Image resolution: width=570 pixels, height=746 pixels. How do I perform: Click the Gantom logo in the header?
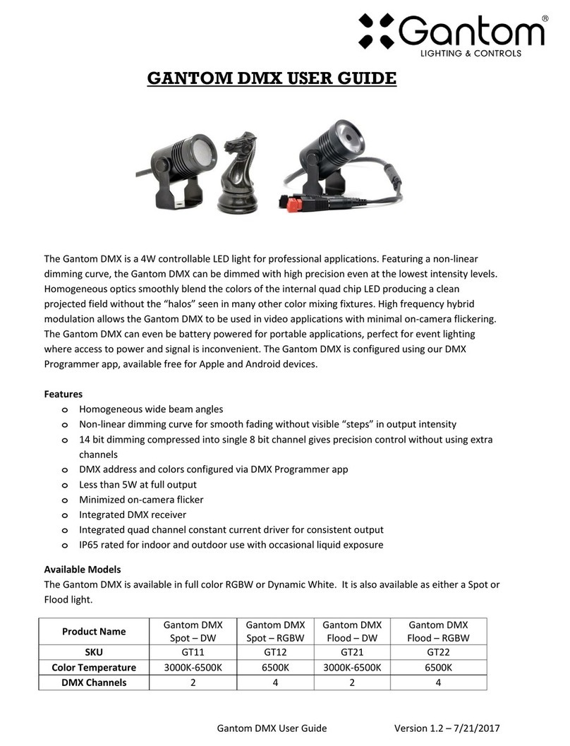coord(451,34)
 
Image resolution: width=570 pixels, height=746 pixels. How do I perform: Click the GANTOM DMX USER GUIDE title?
coord(272,78)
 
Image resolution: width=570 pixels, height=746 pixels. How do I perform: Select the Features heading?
coord(63,394)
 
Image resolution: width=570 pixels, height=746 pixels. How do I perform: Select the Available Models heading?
coord(83,569)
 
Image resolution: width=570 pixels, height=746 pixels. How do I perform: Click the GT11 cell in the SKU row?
coord(193,653)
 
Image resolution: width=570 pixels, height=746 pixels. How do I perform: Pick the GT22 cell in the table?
coord(437,653)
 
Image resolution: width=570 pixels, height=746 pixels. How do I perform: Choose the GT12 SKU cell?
coord(275,653)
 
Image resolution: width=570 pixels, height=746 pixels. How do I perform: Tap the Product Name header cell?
coord(94,631)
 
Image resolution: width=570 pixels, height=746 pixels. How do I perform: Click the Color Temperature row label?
coord(94,668)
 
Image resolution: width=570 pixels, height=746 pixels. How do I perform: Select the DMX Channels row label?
coord(94,682)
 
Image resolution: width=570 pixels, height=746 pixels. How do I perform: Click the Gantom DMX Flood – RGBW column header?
coord(437,631)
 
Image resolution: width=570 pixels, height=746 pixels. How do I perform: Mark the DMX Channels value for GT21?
coord(352,682)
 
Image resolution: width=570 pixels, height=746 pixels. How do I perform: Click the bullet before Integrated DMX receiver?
coord(65,515)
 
